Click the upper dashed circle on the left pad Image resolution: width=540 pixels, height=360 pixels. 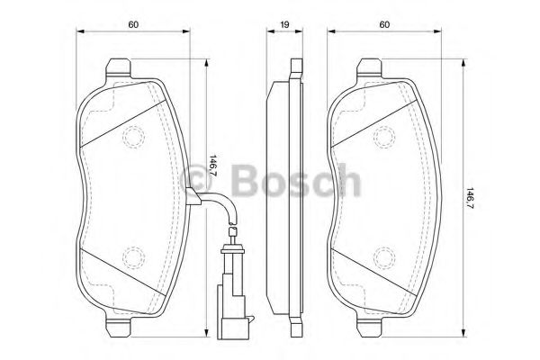[x=133, y=136]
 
